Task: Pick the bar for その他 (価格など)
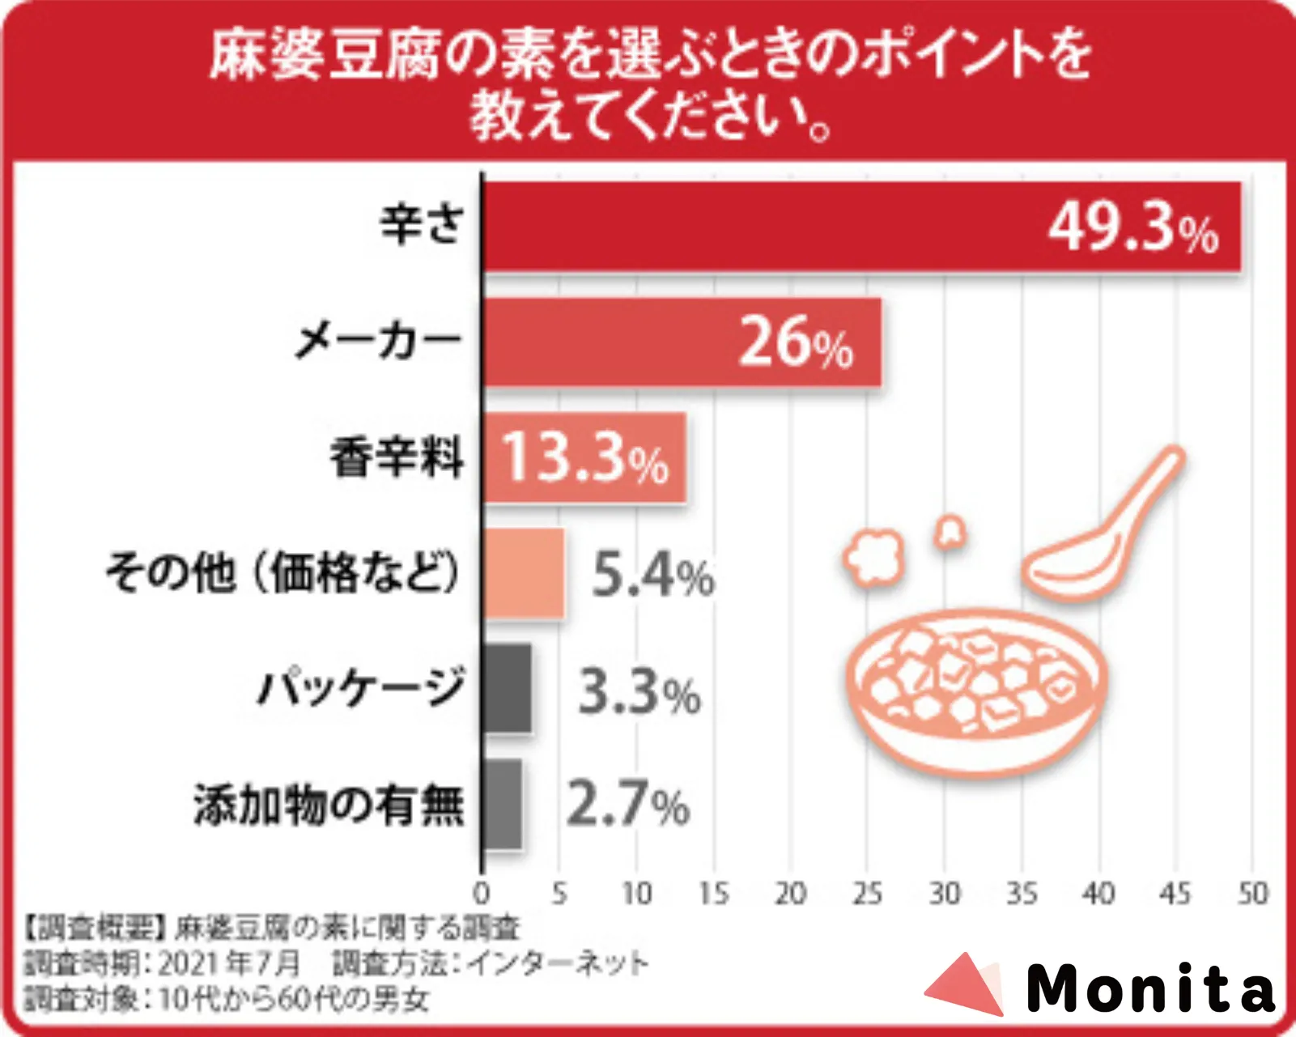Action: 524,573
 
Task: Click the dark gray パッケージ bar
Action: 508,689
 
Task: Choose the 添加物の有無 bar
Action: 503,804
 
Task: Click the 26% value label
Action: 796,343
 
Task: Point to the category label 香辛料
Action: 397,457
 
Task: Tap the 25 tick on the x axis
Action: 867,894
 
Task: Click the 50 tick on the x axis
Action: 1251,894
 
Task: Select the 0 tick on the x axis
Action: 482,894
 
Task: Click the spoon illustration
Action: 1101,526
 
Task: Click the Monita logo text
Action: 1149,988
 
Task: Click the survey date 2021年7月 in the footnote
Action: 229,963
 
